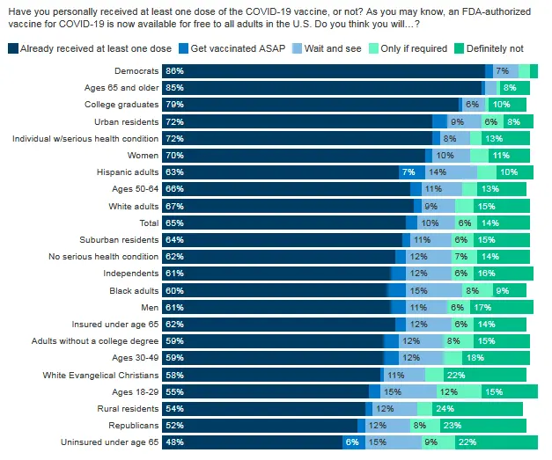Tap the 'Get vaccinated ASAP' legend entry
(231, 47)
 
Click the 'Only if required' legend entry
(412, 47)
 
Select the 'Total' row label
(148, 223)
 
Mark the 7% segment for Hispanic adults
(407, 172)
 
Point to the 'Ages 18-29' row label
(136, 391)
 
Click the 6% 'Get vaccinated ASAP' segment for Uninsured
(352, 442)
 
